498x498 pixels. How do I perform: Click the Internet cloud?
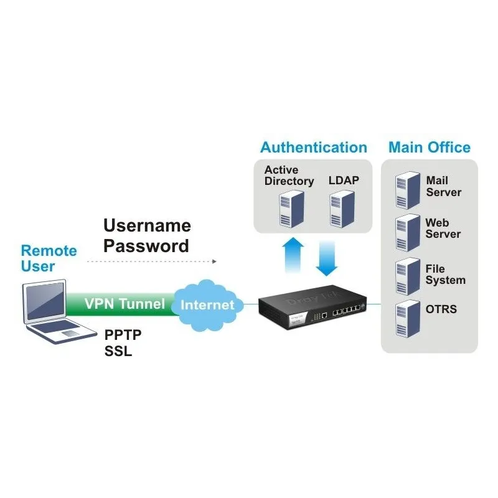pyautogui.click(x=207, y=303)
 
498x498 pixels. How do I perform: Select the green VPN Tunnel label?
pyautogui.click(x=125, y=304)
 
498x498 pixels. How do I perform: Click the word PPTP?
pyautogui.click(x=123, y=335)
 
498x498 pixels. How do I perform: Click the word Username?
pyautogui.click(x=147, y=225)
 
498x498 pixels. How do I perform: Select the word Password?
pyautogui.click(x=146, y=246)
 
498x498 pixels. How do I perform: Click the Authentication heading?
pyautogui.click(x=313, y=148)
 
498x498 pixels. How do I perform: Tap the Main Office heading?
pyautogui.click(x=430, y=148)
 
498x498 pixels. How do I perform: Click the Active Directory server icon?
pyautogui.click(x=287, y=207)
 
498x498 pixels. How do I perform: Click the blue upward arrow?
pyautogui.click(x=293, y=255)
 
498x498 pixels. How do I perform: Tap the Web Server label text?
pyautogui.click(x=443, y=228)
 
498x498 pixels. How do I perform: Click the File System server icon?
pyautogui.click(x=408, y=276)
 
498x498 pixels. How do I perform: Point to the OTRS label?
pyautogui.click(x=441, y=309)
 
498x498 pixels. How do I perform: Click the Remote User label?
pyautogui.click(x=49, y=258)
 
